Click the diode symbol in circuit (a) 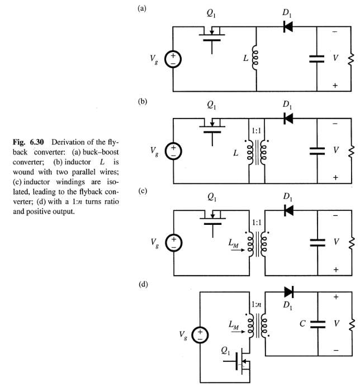click(288, 27)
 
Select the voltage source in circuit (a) click(173, 59)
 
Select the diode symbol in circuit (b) click(288, 119)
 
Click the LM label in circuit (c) click(234, 244)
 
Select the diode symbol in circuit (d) click(288, 291)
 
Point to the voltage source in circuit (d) click(199, 335)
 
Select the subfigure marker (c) click(143, 191)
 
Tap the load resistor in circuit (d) click(352, 323)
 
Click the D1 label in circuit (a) click(287, 12)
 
